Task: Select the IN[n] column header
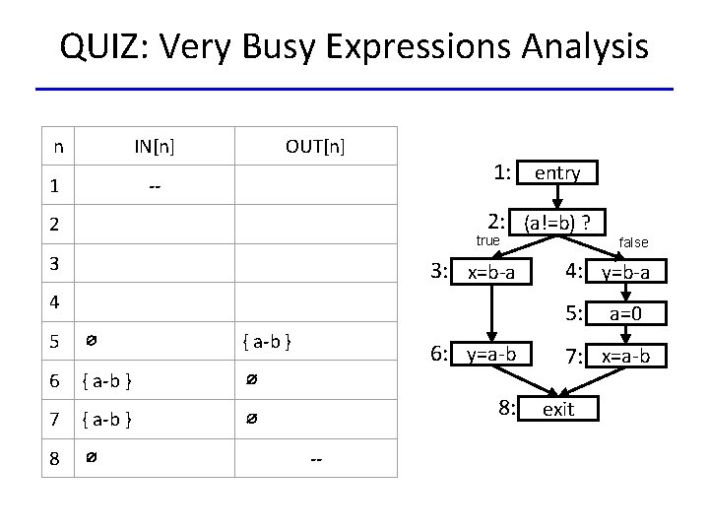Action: [x=155, y=148]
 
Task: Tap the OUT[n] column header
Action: [x=315, y=148]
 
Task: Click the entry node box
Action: [x=557, y=173]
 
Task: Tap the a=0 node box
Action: [x=625, y=314]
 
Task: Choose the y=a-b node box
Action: [x=490, y=354]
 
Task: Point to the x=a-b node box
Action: [x=625, y=355]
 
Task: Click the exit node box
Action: [x=557, y=409]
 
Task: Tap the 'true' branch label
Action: [x=487, y=240]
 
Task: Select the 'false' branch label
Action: [x=633, y=242]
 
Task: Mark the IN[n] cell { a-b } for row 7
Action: [x=108, y=421]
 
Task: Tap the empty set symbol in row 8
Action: [x=90, y=458]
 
